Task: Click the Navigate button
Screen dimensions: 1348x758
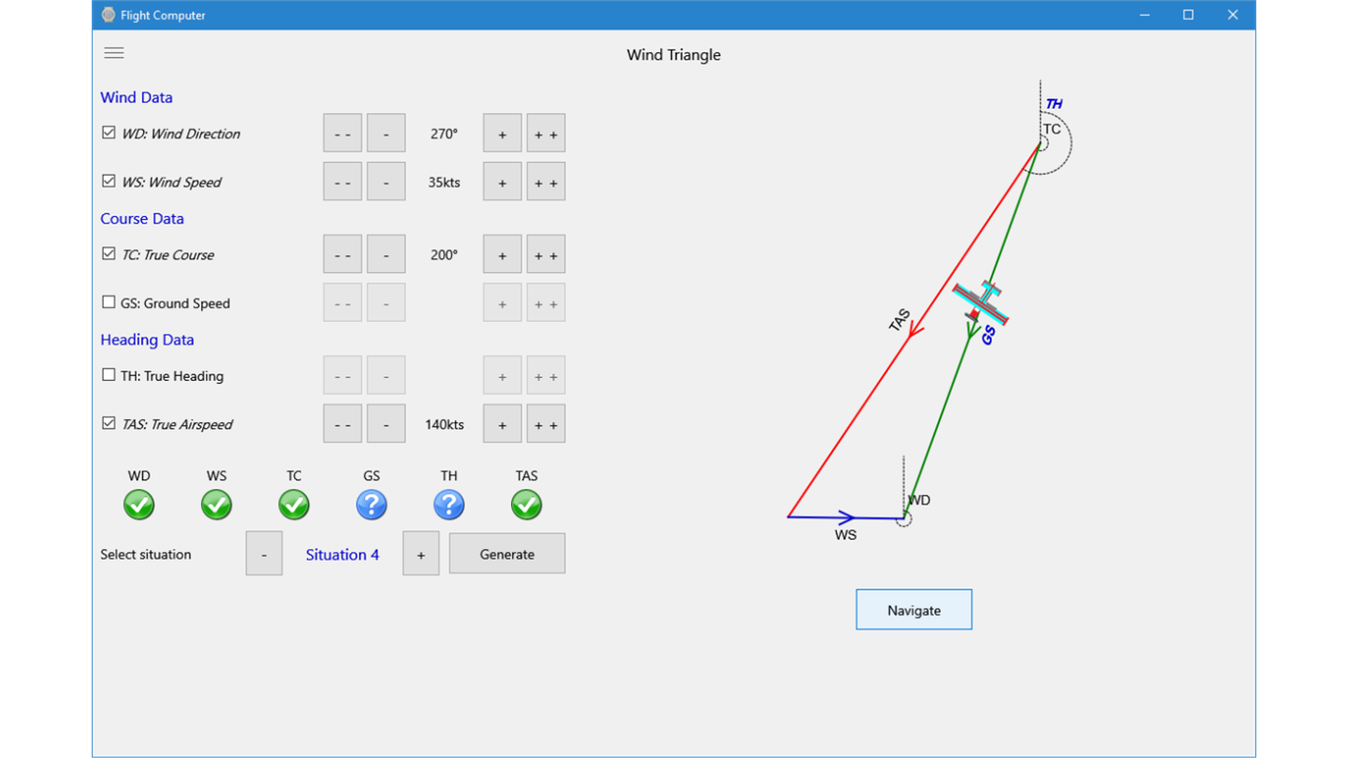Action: point(914,609)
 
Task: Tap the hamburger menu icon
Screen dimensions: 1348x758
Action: point(114,53)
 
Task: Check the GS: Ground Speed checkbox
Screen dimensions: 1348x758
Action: point(109,302)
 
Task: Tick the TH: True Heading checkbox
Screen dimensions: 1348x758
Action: point(109,374)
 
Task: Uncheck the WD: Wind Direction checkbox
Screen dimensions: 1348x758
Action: point(109,132)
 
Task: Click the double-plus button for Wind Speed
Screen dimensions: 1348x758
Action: point(546,182)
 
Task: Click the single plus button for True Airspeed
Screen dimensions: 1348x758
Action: point(502,424)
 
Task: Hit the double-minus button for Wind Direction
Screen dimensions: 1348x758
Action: point(343,133)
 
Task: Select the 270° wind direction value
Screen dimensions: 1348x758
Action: point(444,134)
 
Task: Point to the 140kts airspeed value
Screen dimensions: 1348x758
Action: point(444,424)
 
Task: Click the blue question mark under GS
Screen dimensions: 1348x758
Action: point(372,504)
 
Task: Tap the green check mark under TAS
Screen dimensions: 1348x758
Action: point(526,504)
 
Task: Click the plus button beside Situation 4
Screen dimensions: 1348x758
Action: point(420,553)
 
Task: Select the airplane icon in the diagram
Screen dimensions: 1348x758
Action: point(980,303)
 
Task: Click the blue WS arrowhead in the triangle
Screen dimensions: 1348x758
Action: point(846,517)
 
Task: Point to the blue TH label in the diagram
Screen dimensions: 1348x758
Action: point(1054,104)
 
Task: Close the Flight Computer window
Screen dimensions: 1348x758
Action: point(1233,14)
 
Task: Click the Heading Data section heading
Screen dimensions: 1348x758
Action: point(147,340)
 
